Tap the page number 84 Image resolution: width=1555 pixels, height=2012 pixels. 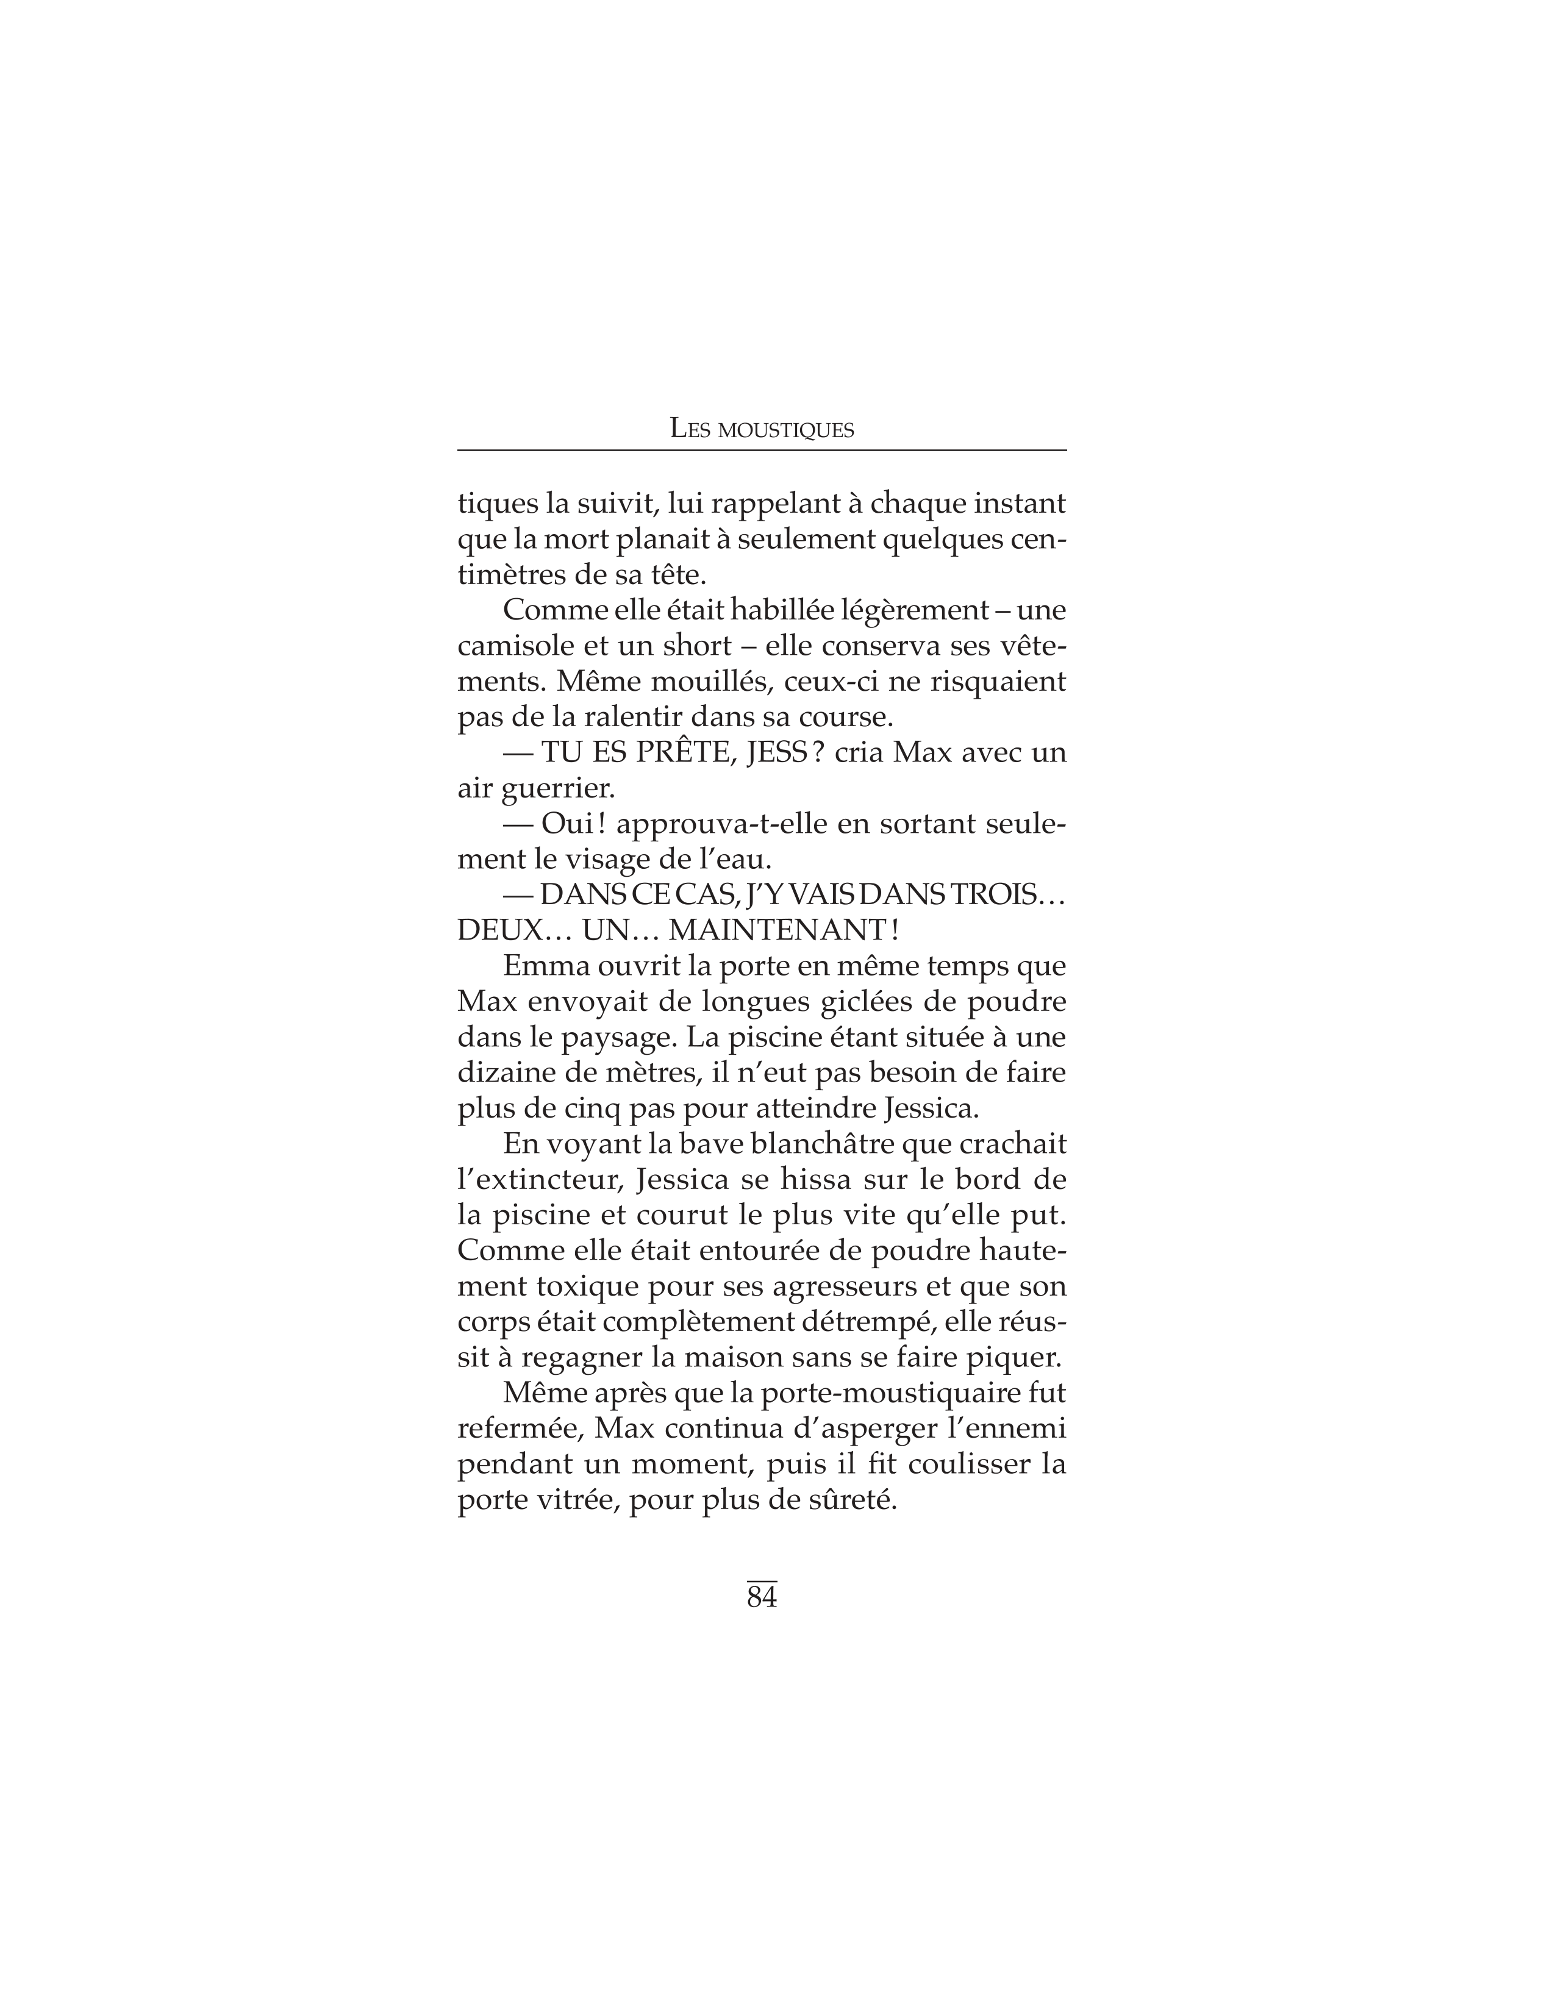tap(762, 1597)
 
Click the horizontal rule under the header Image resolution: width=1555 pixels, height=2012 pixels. tap(762, 451)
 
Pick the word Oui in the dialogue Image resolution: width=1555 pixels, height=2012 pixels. tap(568, 824)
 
